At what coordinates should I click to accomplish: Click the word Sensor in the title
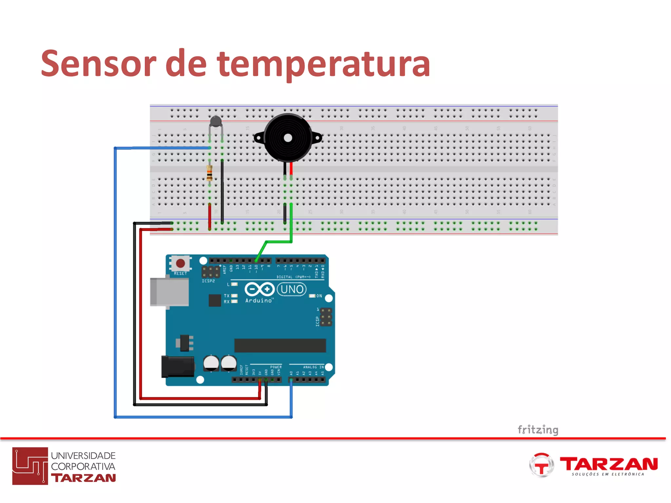click(98, 64)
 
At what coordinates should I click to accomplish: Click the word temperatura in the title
click(323, 65)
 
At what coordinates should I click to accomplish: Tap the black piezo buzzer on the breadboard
click(288, 138)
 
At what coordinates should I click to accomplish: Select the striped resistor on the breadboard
click(209, 173)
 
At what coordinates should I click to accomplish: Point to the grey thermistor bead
click(216, 121)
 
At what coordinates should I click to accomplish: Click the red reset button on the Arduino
click(180, 263)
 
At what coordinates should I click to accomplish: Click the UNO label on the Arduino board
click(292, 289)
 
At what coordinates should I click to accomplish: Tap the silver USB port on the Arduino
click(169, 292)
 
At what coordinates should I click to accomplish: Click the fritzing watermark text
click(538, 429)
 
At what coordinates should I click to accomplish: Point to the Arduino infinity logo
click(259, 289)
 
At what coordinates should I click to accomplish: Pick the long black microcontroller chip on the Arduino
click(280, 345)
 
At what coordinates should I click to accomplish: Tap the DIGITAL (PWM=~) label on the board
click(293, 277)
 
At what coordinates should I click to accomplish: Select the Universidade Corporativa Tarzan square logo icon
click(30, 466)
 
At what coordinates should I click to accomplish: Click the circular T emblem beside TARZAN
click(541, 465)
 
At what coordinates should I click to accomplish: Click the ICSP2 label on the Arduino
click(208, 281)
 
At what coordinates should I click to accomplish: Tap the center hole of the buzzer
click(288, 138)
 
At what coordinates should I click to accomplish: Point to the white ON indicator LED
click(312, 296)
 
